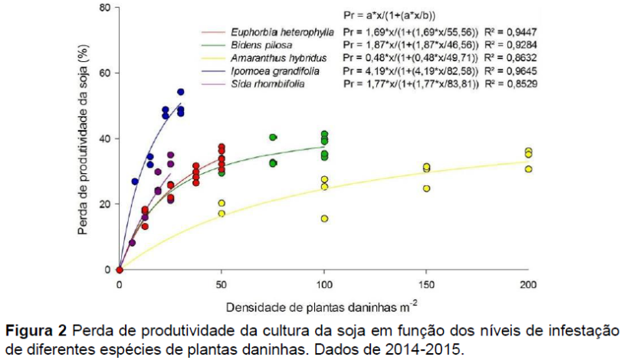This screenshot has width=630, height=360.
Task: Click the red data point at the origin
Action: click(x=120, y=270)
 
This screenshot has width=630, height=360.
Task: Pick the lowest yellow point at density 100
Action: click(x=325, y=218)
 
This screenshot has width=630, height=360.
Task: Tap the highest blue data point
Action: click(x=181, y=92)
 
